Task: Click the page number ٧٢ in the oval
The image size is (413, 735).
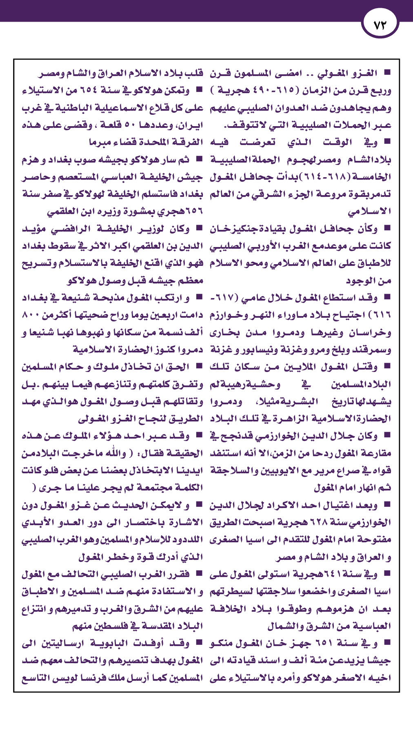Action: [380, 25]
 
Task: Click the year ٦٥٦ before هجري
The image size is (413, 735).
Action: [192, 212]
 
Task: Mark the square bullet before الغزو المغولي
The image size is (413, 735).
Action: [387, 73]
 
